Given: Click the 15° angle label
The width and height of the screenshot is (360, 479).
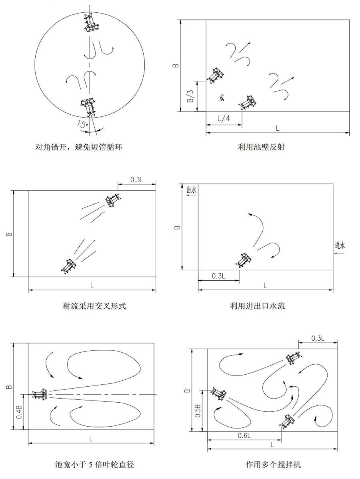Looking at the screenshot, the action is [x=82, y=124].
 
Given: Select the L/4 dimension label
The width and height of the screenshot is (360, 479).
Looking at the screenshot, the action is [x=224, y=118].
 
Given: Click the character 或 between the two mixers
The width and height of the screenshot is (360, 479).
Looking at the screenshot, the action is [x=222, y=98].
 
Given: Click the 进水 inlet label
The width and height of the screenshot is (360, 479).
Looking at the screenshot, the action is [x=340, y=245].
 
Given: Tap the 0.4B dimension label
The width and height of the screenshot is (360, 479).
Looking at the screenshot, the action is [x=19, y=412].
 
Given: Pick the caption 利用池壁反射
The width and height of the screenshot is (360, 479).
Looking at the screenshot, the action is [x=261, y=147].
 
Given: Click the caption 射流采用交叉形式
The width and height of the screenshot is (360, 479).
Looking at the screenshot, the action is [x=94, y=305].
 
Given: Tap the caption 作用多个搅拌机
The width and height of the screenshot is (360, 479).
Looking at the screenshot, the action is [x=273, y=465].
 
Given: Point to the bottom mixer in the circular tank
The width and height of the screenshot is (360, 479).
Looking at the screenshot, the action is [x=88, y=107].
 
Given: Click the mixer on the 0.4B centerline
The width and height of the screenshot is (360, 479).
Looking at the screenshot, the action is [x=41, y=394].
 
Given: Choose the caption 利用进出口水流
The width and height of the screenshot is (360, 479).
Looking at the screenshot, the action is [x=257, y=305].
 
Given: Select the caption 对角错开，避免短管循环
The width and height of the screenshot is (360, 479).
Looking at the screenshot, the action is [x=79, y=147].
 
